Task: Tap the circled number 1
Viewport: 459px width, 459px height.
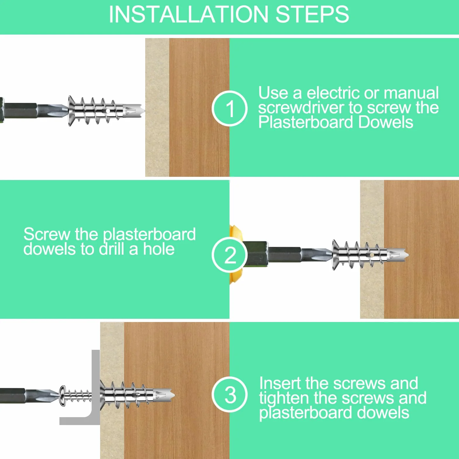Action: click(x=229, y=108)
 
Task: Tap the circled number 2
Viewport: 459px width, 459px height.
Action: click(x=229, y=255)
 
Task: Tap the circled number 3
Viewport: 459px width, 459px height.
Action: click(x=229, y=394)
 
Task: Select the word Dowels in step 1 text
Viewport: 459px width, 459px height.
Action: click(x=386, y=122)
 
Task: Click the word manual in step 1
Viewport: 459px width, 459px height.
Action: click(x=411, y=93)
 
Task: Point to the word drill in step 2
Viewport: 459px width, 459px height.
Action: click(x=112, y=249)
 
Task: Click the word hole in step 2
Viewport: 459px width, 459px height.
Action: click(x=159, y=249)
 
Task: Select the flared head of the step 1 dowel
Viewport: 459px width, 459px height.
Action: click(x=71, y=111)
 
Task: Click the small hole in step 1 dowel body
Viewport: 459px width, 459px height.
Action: click(x=108, y=111)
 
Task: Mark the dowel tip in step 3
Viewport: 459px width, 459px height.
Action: click(x=174, y=395)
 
